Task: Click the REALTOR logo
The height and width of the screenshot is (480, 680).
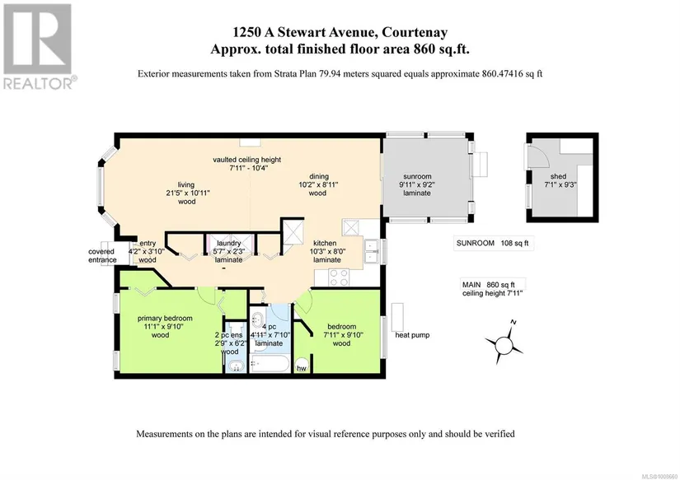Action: point(37,45)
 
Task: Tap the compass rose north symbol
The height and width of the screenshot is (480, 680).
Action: point(504,345)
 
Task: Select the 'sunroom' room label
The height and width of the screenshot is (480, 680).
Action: point(417,176)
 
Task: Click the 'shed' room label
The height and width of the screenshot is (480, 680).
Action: point(558,176)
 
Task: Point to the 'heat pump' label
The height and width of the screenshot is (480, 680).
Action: point(412,335)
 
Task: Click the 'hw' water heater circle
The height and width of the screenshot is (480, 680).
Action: point(302,365)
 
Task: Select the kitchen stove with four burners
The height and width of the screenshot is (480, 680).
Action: point(339,277)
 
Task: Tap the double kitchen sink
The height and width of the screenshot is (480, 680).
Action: point(371,251)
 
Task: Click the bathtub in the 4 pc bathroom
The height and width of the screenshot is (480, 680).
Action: point(270,364)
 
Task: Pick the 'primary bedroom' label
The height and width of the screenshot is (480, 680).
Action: point(165,319)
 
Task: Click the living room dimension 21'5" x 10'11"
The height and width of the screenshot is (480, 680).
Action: point(188,193)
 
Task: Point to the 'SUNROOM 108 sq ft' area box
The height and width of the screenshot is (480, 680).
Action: point(493,243)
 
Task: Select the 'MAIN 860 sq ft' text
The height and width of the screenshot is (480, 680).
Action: point(488,285)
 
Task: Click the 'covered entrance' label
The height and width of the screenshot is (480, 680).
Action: point(102,255)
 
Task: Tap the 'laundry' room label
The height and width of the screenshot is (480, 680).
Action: point(229,244)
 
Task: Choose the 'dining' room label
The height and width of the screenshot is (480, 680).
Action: point(319,176)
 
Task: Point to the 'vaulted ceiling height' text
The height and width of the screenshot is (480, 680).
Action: point(246,160)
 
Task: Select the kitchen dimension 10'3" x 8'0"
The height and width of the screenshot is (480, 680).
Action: point(327,251)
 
